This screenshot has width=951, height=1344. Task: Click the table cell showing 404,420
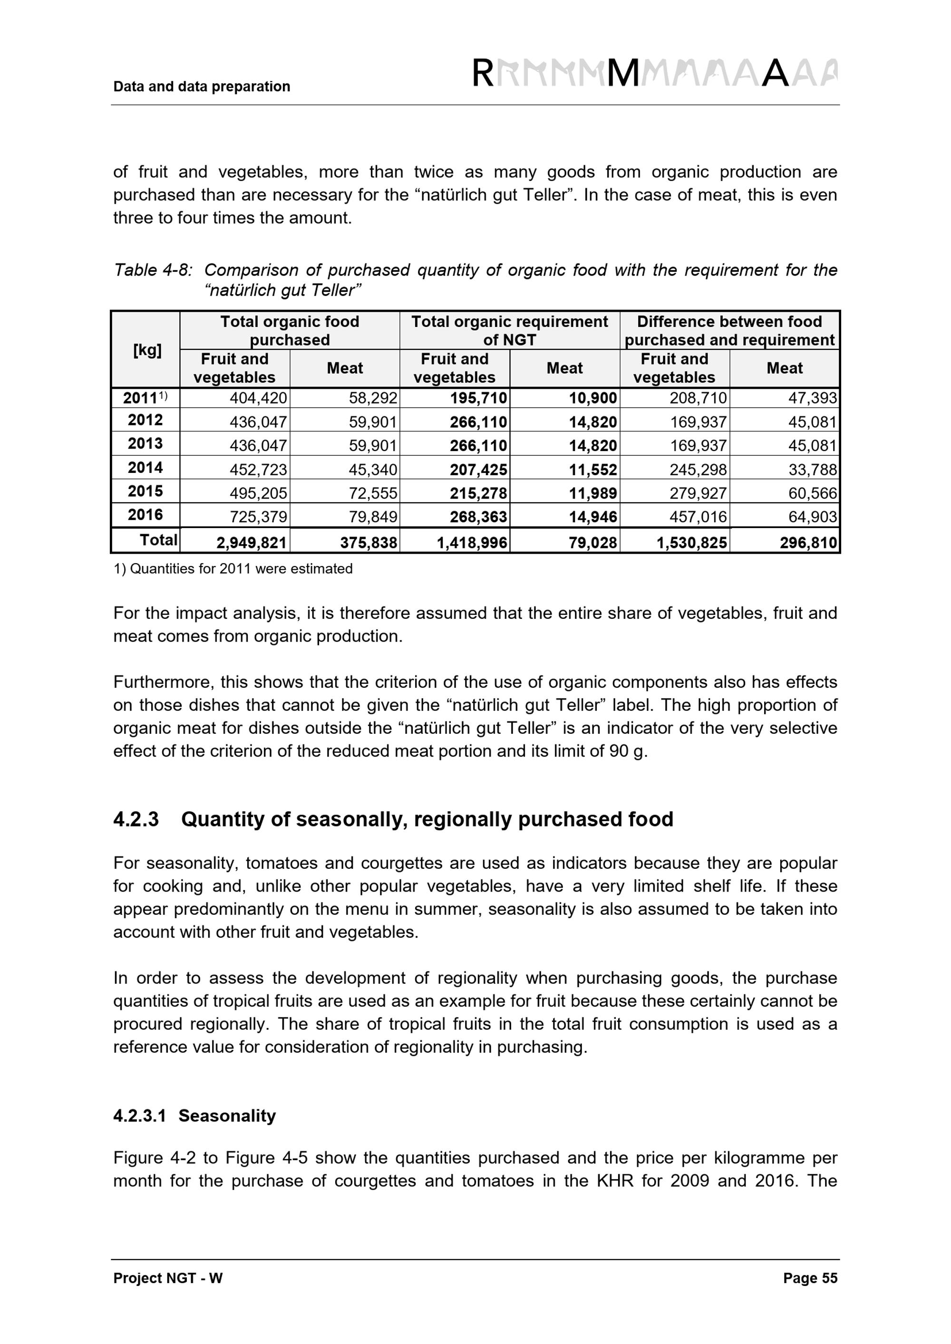pos(258,398)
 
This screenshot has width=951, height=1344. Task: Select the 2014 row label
pos(145,468)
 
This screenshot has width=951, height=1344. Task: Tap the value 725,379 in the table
pos(258,517)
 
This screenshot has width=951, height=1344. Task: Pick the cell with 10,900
pos(592,398)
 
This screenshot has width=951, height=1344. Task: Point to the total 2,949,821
pos(252,543)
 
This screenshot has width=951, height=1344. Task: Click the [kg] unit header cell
pos(147,350)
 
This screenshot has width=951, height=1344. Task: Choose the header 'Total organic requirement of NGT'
pos(509,331)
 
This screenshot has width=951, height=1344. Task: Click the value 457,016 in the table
pos(698,517)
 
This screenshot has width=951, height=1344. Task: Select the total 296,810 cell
pos(808,543)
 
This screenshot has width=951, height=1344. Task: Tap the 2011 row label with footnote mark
pos(145,398)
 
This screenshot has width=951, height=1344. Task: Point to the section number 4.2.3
pos(136,819)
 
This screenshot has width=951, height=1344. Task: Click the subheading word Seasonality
pos(227,1116)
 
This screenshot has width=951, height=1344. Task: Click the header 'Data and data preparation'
pos(202,86)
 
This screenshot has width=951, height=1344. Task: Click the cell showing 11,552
pos(592,470)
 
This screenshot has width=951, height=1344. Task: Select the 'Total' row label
pos(158,540)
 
